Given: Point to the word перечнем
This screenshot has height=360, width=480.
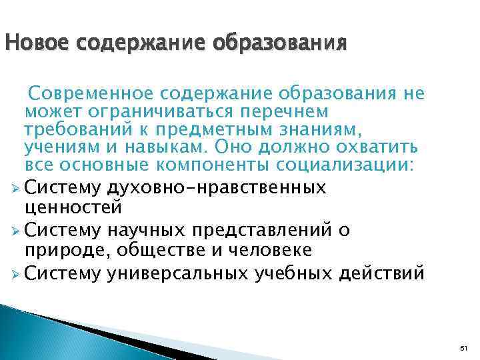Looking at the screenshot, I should (293, 110).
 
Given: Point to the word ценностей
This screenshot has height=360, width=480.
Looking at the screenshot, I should (73, 206).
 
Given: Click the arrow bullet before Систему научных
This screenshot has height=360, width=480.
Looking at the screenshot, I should (15, 231).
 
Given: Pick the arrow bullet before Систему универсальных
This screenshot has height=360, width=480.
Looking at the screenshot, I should (15, 273).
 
